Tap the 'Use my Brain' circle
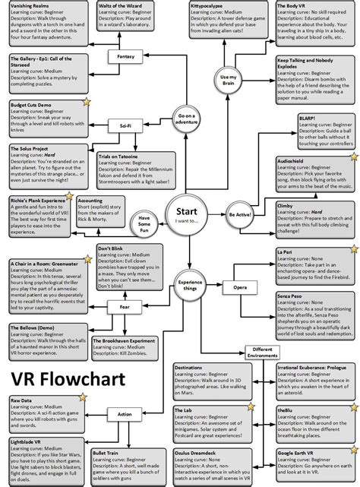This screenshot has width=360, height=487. tap(228, 78)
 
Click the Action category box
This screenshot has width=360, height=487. tap(124, 414)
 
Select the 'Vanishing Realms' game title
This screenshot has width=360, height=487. tap(31, 5)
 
